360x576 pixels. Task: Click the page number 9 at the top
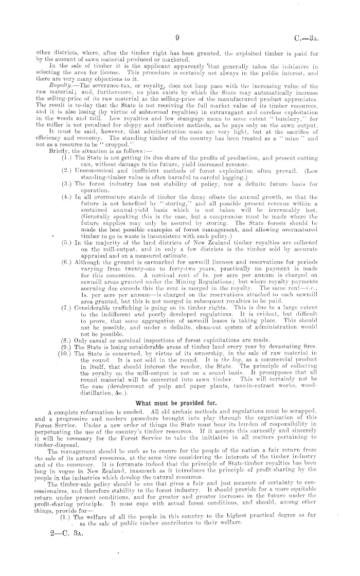(176, 37)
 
